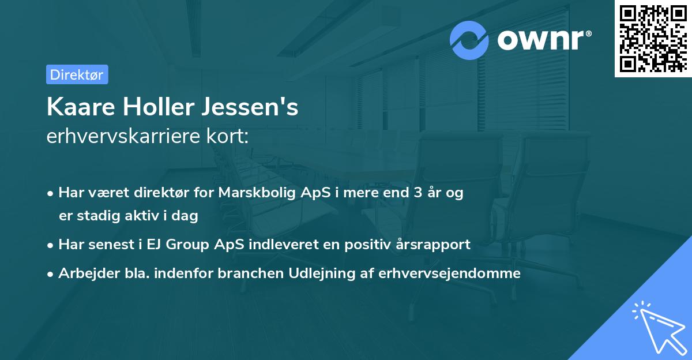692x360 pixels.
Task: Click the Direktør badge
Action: coord(77,74)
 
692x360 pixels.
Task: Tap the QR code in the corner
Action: coord(653,38)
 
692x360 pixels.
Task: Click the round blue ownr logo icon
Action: coord(469,40)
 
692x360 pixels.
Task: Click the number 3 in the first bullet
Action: coord(413,193)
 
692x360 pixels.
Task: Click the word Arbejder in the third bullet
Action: coord(84,273)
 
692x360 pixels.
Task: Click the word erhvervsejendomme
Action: coord(450,273)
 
